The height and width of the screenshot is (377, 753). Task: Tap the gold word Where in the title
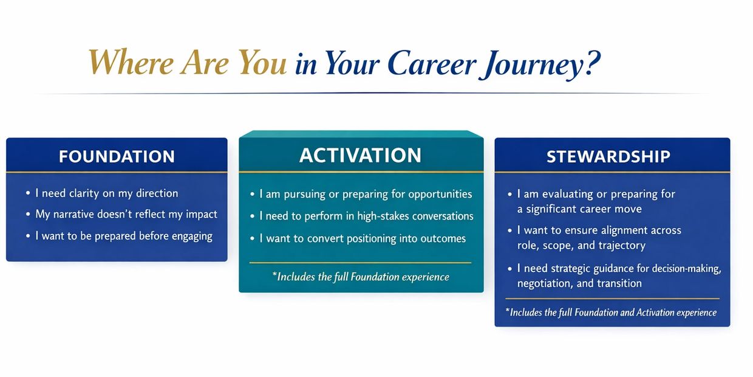pyautogui.click(x=131, y=62)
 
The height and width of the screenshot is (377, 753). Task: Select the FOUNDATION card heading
pyautogui.click(x=117, y=156)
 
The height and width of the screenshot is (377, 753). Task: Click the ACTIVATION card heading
pyautogui.click(x=360, y=155)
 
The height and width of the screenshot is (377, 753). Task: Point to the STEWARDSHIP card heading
pyautogui.click(x=608, y=156)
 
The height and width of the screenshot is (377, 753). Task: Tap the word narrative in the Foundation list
pyautogui.click(x=73, y=215)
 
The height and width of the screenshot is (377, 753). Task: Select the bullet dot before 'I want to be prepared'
pyautogui.click(x=28, y=236)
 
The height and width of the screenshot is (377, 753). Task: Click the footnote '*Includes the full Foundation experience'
pyautogui.click(x=361, y=277)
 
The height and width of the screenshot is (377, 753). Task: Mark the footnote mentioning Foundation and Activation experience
pyautogui.click(x=611, y=313)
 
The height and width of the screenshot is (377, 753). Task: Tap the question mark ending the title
pyautogui.click(x=593, y=63)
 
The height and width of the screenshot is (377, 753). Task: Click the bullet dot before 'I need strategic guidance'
pyautogui.click(x=510, y=269)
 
